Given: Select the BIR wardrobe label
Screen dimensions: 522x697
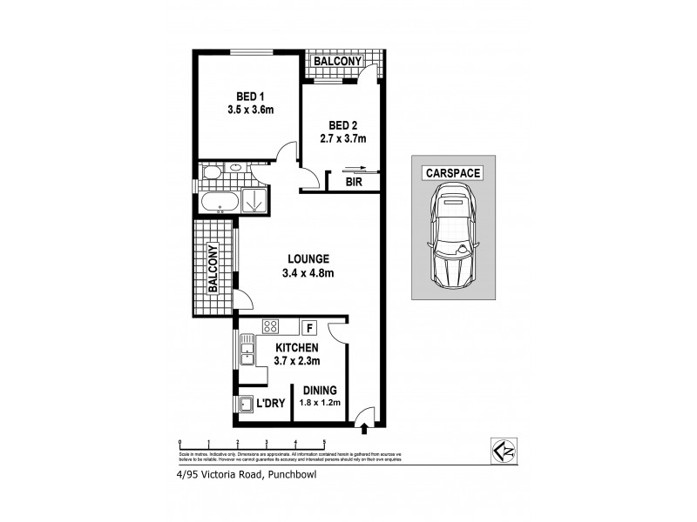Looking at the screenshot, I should [354, 183].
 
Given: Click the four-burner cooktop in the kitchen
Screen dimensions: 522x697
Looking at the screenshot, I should [270, 328].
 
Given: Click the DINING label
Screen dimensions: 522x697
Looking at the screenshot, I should [321, 391].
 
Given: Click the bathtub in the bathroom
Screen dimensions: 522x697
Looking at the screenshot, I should [219, 202].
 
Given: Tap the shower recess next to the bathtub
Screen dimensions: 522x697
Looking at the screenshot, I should [254, 200].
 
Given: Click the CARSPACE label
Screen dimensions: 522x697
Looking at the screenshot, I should [452, 172].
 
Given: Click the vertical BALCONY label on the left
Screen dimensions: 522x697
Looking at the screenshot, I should [213, 268].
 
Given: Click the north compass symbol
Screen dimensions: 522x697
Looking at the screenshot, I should [504, 448].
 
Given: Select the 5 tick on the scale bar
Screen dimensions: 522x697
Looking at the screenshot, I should [324, 443].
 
